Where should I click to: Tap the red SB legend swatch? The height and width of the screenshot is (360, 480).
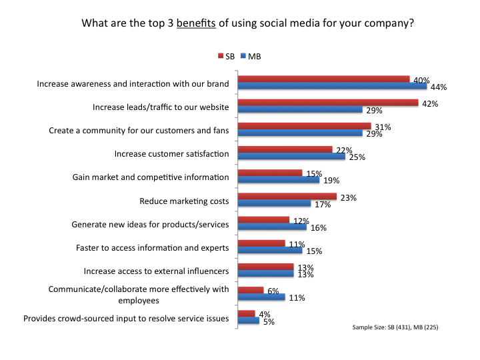click(221, 57)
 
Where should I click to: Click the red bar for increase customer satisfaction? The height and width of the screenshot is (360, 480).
click(285, 149)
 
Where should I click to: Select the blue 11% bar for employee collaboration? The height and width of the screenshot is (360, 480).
click(262, 297)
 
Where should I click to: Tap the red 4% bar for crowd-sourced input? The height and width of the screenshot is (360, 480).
click(247, 313)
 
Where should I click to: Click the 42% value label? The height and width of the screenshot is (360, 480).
click(429, 103)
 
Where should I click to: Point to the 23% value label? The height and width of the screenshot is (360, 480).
click(348, 197)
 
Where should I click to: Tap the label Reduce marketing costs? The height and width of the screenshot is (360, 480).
click(184, 201)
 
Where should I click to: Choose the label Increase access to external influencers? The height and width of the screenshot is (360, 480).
click(157, 271)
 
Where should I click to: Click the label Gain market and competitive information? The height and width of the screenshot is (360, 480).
click(151, 177)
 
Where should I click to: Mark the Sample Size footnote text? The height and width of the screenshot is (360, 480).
click(395, 328)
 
